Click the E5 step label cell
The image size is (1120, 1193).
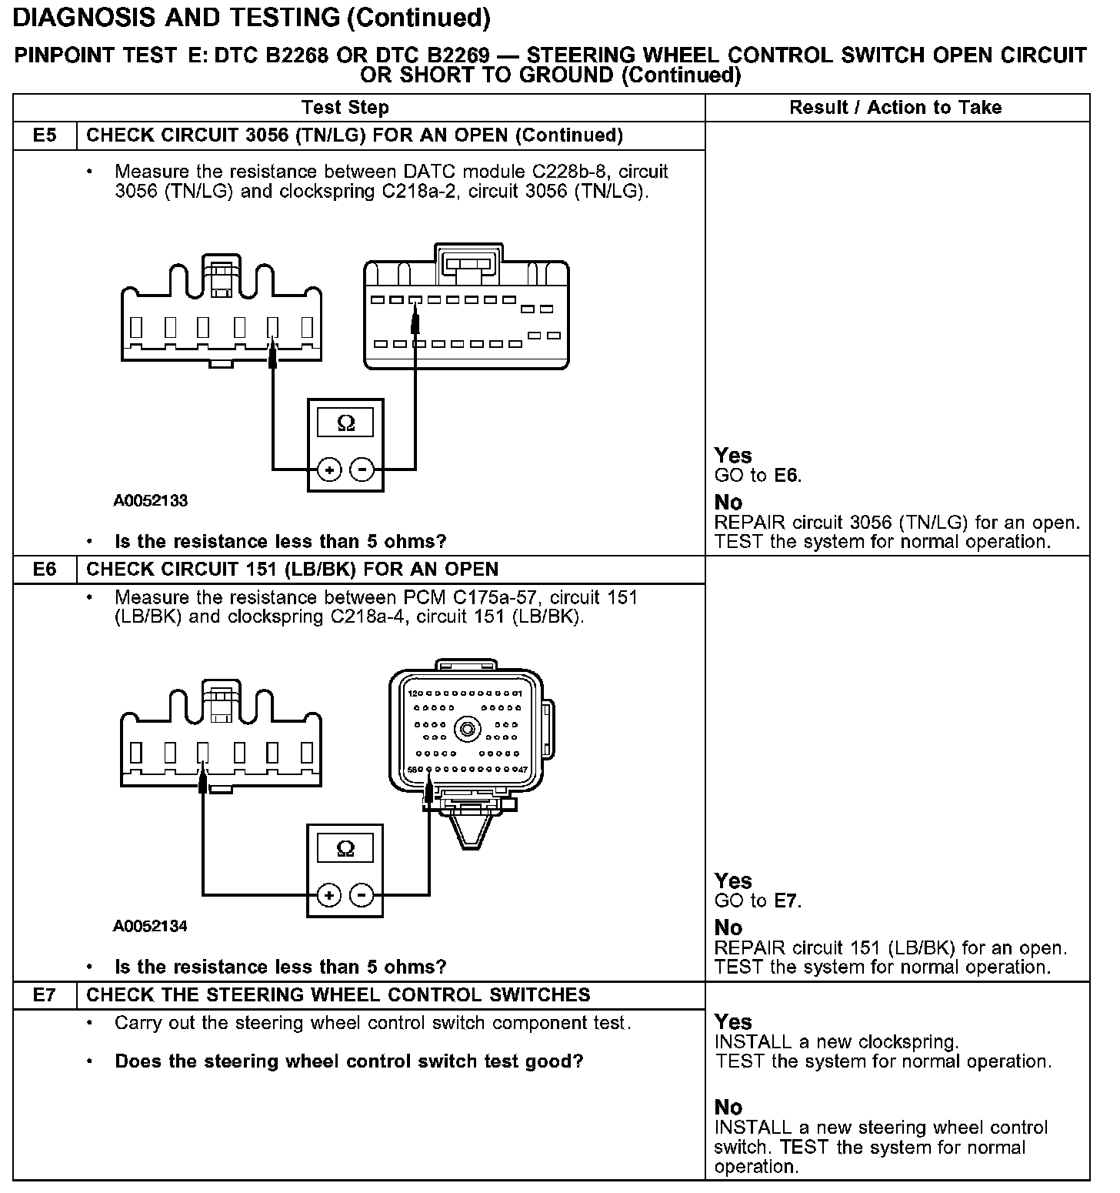(x=45, y=136)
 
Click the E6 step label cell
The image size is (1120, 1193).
(x=45, y=570)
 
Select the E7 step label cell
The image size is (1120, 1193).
(x=45, y=995)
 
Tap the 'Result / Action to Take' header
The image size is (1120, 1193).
(x=895, y=108)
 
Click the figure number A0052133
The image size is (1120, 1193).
(x=151, y=501)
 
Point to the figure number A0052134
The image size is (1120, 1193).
(x=150, y=926)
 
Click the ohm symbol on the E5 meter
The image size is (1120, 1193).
(x=346, y=423)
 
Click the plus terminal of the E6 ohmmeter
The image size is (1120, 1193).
(x=328, y=895)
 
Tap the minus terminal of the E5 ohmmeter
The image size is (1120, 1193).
(x=362, y=470)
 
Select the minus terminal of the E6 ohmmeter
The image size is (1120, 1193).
(x=362, y=895)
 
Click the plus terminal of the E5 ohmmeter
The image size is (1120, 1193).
(x=329, y=470)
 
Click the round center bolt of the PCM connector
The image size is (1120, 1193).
(x=468, y=728)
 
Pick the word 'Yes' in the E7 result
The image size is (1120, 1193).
(x=732, y=1022)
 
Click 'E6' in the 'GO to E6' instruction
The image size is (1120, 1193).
(x=787, y=476)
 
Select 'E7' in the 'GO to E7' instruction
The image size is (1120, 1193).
(x=787, y=901)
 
